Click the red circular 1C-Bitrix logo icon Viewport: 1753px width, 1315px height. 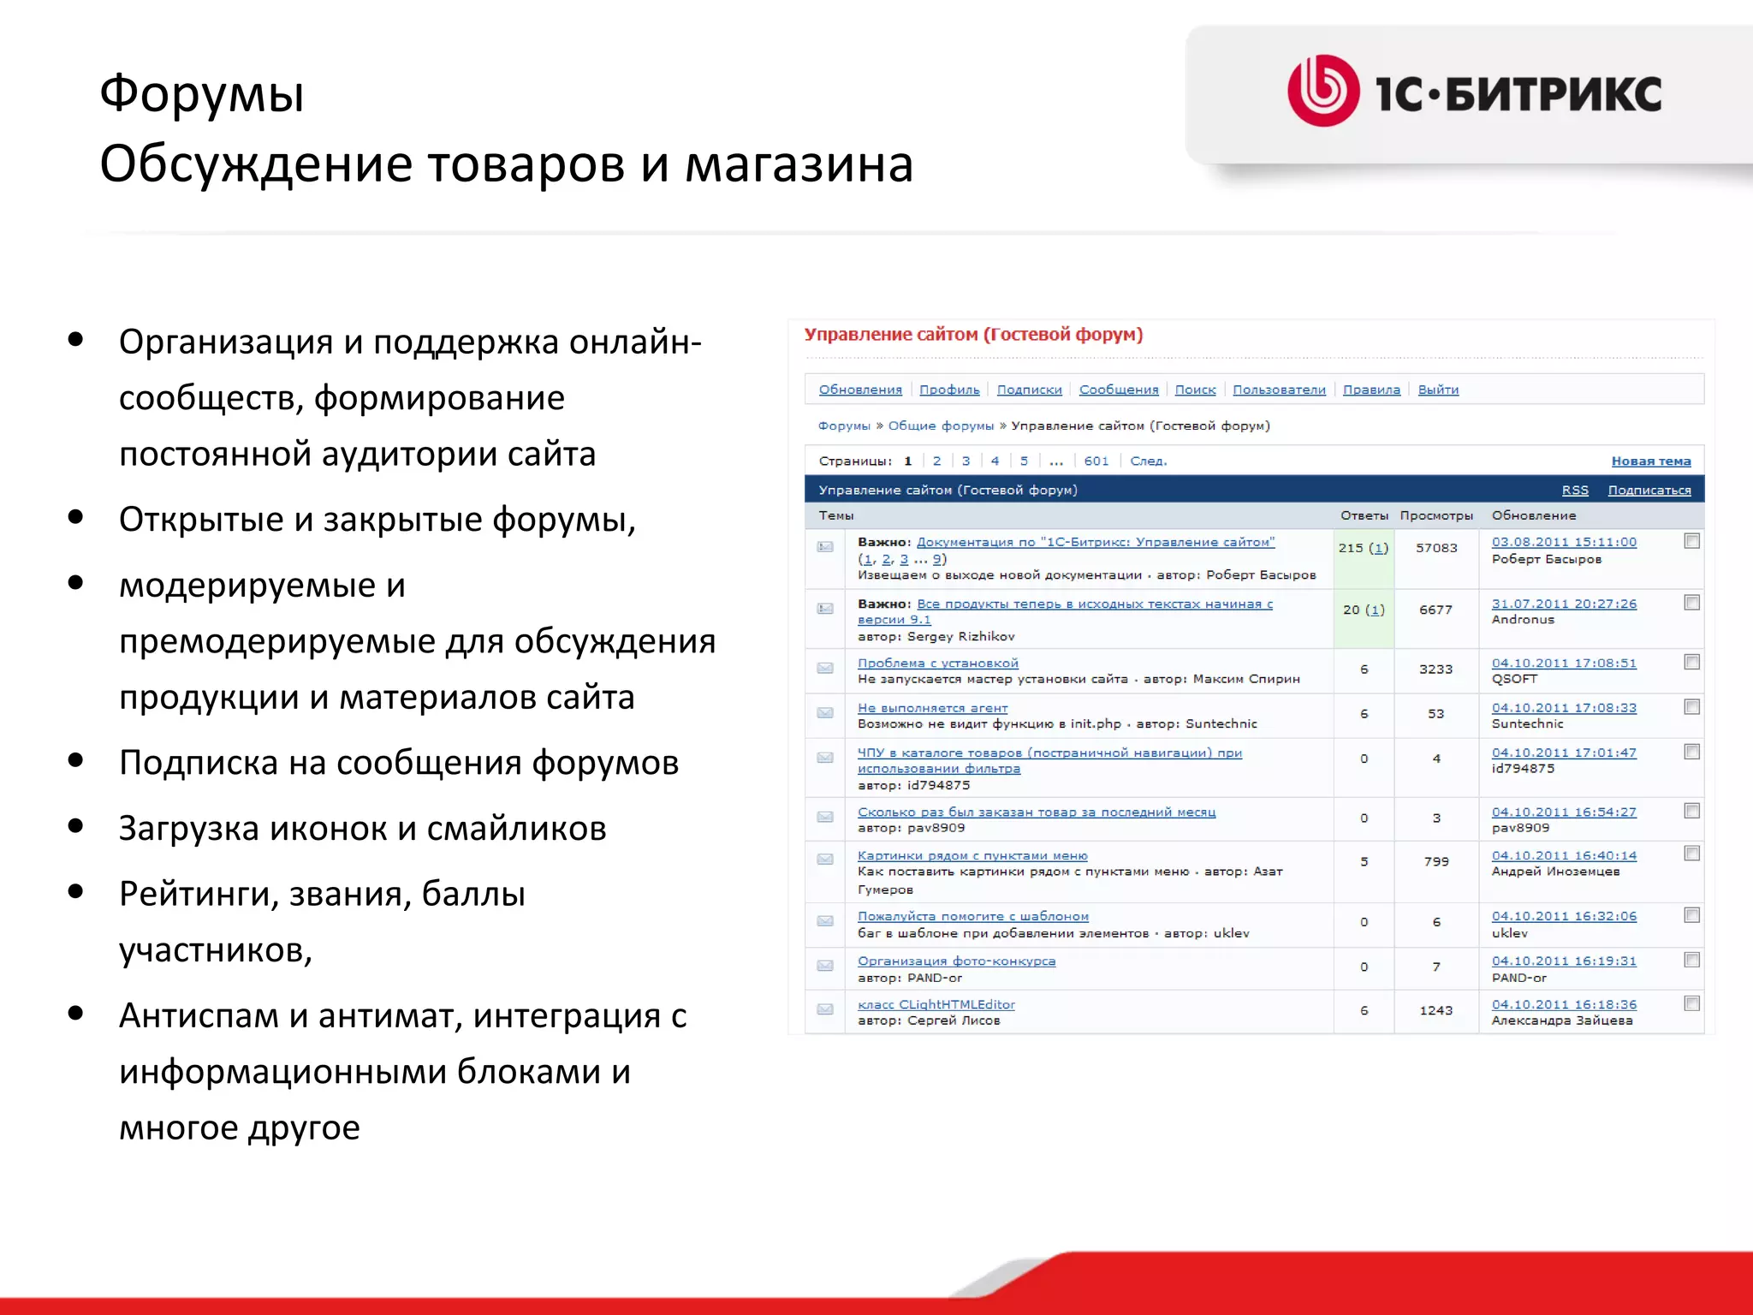[1322, 91]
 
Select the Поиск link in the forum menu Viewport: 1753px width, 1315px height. [1195, 390]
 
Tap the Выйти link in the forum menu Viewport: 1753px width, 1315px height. [1438, 390]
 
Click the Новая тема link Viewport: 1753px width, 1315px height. [1650, 461]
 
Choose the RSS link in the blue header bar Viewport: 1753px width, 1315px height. [1574, 490]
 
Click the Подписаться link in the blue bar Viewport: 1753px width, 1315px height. [1649, 490]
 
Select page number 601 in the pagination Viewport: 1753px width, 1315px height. [1096, 461]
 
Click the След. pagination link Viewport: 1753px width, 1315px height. [1148, 461]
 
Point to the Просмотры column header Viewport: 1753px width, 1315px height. [1436, 515]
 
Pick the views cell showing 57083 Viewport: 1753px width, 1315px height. [1436, 548]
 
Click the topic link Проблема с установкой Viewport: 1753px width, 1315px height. [937, 663]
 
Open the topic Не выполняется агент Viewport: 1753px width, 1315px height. [932, 708]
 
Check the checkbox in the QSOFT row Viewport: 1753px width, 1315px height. [1691, 662]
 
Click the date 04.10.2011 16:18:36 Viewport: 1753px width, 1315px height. [1564, 1004]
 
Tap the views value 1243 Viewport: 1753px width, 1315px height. [1436, 1010]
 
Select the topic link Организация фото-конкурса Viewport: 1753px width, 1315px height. [956, 961]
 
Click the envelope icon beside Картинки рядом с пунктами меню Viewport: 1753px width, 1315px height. [825, 860]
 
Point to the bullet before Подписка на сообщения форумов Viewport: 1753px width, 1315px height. [76, 760]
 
